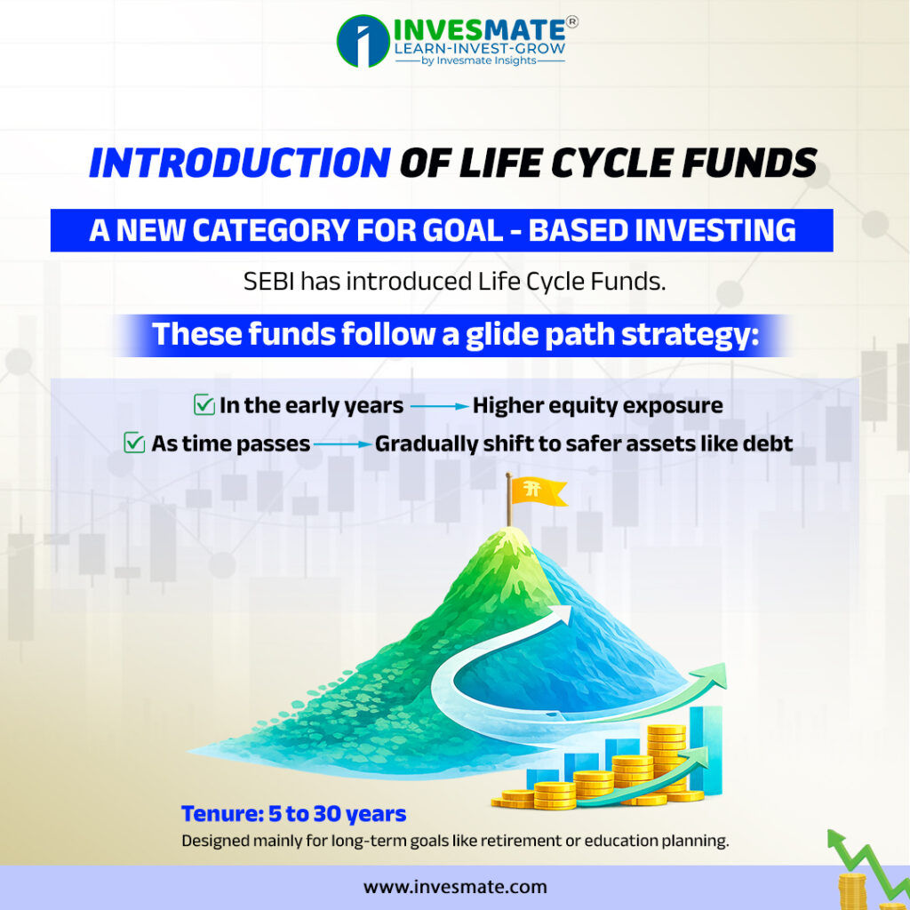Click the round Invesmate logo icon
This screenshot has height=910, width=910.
pyautogui.click(x=363, y=41)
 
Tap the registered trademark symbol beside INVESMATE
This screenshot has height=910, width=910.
pyautogui.click(x=571, y=22)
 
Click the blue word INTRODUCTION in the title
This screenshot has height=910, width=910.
pyautogui.click(x=240, y=163)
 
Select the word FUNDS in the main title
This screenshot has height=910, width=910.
pyautogui.click(x=749, y=163)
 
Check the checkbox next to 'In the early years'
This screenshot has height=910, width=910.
pyautogui.click(x=204, y=404)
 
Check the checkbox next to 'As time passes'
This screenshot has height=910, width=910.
pyautogui.click(x=134, y=443)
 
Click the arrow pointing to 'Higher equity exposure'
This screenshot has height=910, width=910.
pyautogui.click(x=439, y=406)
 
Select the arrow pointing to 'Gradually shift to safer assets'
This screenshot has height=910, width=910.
pyautogui.click(x=342, y=444)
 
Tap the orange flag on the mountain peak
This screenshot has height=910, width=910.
pyautogui.click(x=538, y=491)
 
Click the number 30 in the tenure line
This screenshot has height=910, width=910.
pyautogui.click(x=327, y=814)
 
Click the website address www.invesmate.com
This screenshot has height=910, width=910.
pyautogui.click(x=455, y=887)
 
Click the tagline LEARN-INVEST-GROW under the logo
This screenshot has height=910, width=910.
pyautogui.click(x=479, y=48)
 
